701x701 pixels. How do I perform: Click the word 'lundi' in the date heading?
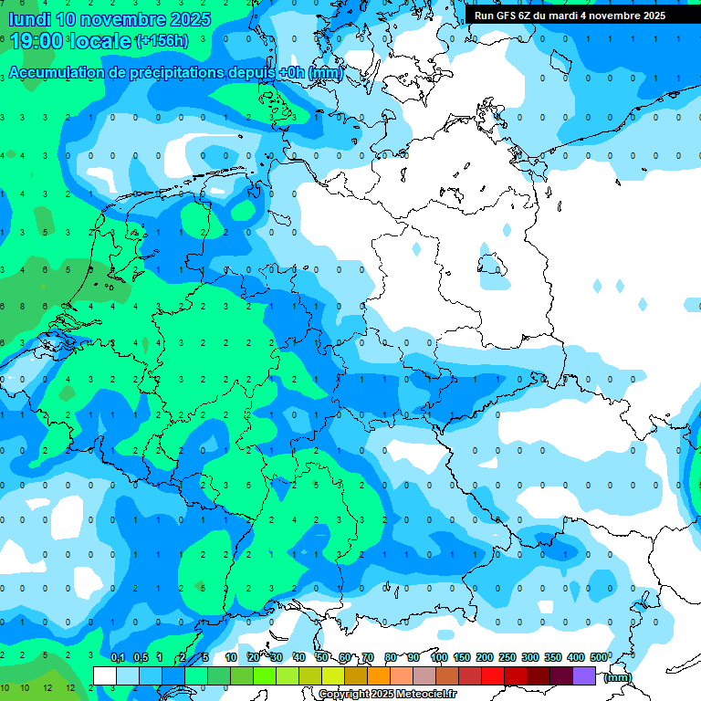click(29, 18)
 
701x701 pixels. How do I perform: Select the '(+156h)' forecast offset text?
click(162, 41)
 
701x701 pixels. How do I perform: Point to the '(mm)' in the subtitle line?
click(326, 73)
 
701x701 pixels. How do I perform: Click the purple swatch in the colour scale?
click(584, 675)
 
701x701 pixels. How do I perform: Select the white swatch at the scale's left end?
click(105, 675)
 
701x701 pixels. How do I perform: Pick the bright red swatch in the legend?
click(493, 675)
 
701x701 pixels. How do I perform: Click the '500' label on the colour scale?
click(599, 657)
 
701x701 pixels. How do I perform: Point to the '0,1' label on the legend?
click(118, 657)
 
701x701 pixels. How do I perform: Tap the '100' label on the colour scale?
click(439, 657)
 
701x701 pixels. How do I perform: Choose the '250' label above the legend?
click(507, 657)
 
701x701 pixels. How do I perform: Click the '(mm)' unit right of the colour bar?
click(618, 677)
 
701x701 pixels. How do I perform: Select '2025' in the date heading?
click(189, 18)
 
